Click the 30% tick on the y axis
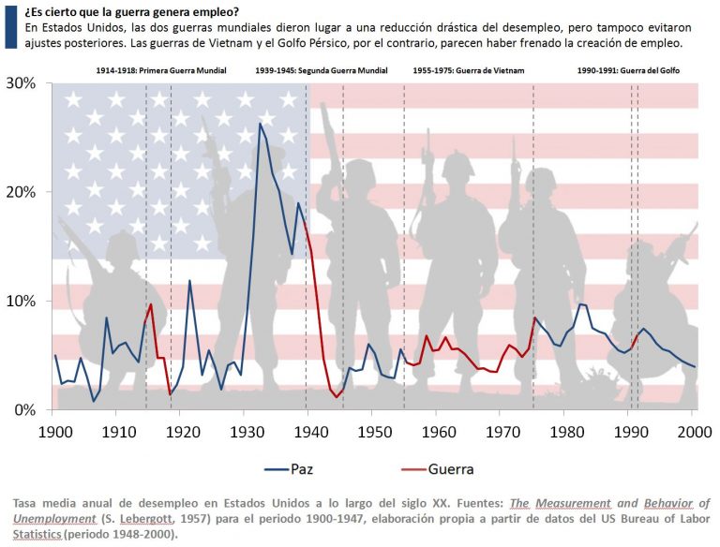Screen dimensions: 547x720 pos(21,83)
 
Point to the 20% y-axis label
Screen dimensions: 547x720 pos(21,192)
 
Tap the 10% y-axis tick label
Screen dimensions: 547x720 pos(21,302)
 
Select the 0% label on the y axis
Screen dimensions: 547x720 pos(24,410)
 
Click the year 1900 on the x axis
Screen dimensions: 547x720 pos(55,434)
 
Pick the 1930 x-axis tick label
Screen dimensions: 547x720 pos(247,434)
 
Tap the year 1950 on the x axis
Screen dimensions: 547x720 pos(374,434)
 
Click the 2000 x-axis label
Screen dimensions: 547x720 pos(693,434)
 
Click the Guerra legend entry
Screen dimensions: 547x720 pos(451,468)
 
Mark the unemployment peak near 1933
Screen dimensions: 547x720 pos(260,124)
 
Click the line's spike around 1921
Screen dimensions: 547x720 pos(189,280)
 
